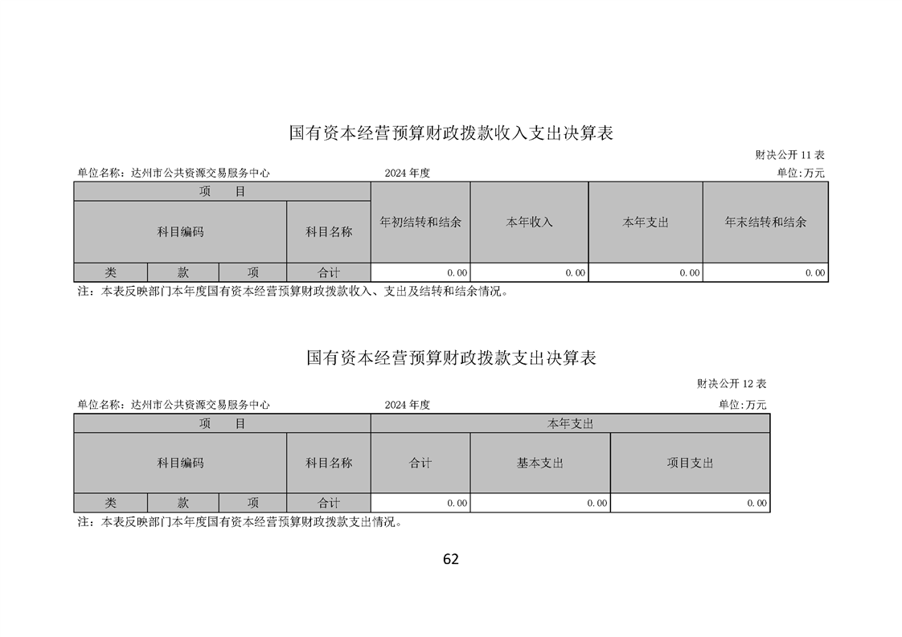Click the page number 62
click(x=451, y=559)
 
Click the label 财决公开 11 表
click(x=789, y=155)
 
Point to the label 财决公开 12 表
click(x=732, y=383)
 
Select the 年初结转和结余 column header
click(x=420, y=223)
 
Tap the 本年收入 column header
click(x=529, y=223)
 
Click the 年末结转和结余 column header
click(x=765, y=223)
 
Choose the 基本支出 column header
click(x=540, y=463)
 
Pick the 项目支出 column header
click(x=691, y=463)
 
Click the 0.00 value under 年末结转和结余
click(x=815, y=273)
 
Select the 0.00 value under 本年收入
click(x=576, y=273)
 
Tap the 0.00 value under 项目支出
click(x=757, y=503)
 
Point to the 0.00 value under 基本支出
click(x=597, y=503)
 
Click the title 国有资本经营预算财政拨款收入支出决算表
click(x=451, y=133)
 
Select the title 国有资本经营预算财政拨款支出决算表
click(x=451, y=357)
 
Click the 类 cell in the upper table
click(x=110, y=272)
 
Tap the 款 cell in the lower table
click(x=183, y=503)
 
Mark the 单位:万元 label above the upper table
click(x=801, y=173)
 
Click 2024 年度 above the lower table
click(x=408, y=405)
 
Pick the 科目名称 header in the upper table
click(x=329, y=232)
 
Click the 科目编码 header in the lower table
click(x=181, y=463)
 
